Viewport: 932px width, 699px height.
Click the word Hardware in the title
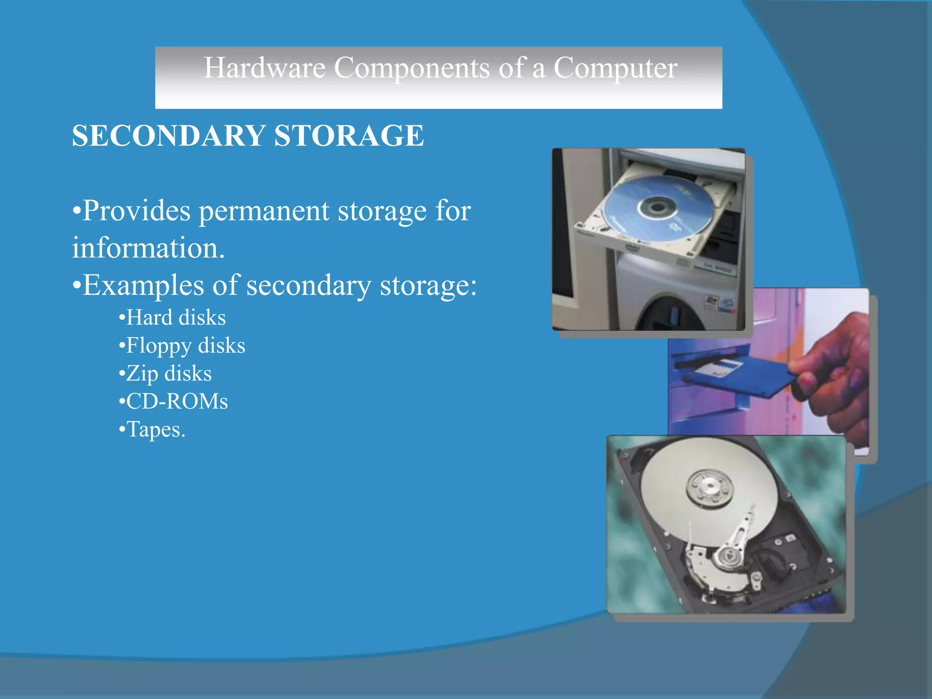[x=264, y=68]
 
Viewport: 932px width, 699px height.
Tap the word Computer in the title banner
[x=615, y=68]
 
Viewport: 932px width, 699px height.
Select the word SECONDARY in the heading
[x=168, y=136]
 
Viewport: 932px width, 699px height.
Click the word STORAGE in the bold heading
[x=349, y=136]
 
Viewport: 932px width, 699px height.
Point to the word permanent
[x=264, y=211]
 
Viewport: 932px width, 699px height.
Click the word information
[x=148, y=248]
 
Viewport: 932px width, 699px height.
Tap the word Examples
[x=143, y=286]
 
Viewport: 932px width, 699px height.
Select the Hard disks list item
[x=176, y=318]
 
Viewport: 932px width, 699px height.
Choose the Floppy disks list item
[x=185, y=346]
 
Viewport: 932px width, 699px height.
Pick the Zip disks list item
[x=168, y=374]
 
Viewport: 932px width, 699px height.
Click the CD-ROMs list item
[x=177, y=401]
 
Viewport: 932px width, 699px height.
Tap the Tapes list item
[x=155, y=430]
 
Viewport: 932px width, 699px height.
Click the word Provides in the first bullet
[x=137, y=211]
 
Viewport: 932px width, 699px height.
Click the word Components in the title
[x=411, y=68]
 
